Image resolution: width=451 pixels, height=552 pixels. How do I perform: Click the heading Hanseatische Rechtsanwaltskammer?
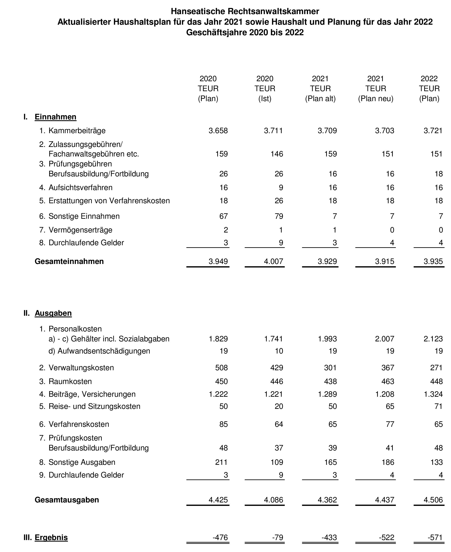(245, 11)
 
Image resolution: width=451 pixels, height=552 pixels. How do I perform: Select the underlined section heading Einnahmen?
(55, 117)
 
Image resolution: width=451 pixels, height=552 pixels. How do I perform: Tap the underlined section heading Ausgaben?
(53, 313)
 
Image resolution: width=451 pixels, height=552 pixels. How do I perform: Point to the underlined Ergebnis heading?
(51, 537)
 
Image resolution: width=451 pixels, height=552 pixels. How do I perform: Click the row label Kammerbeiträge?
(77, 130)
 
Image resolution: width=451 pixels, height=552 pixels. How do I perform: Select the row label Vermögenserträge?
(80, 230)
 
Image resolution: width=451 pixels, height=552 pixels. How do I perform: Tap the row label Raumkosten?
(70, 381)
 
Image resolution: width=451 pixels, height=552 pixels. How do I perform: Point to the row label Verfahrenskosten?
(79, 424)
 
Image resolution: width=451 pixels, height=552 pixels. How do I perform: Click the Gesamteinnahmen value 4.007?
(273, 261)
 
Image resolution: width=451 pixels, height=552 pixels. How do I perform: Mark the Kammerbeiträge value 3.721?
(433, 130)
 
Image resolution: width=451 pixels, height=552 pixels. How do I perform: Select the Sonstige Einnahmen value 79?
(279, 216)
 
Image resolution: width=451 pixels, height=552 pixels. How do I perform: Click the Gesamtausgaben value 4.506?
(433, 500)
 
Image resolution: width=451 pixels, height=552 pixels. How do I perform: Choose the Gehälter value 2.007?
(384, 339)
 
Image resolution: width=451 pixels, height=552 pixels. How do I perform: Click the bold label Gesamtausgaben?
(67, 500)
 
